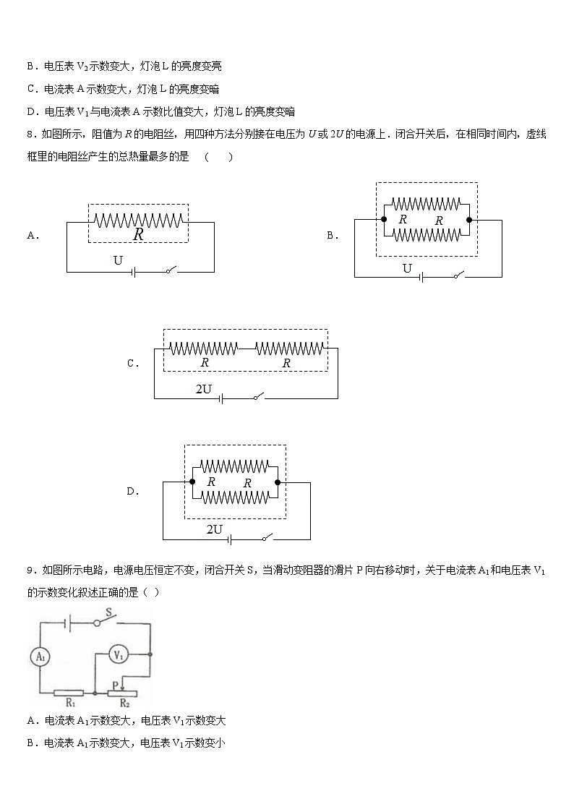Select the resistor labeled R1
(69, 693)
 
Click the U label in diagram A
(119, 260)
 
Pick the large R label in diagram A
(138, 234)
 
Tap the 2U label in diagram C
(204, 389)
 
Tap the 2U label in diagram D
(214, 529)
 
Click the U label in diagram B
(407, 269)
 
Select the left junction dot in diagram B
(384, 218)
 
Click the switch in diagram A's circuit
(171, 270)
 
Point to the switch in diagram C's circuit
(258, 396)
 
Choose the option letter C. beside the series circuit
(132, 364)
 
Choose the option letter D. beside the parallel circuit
(132, 492)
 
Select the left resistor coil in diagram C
(204, 348)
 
